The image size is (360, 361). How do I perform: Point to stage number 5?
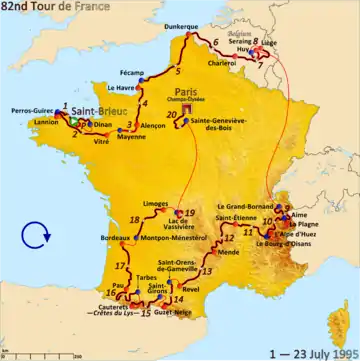pyautogui.click(x=177, y=72)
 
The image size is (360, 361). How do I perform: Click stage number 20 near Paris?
pyautogui.click(x=171, y=115)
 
